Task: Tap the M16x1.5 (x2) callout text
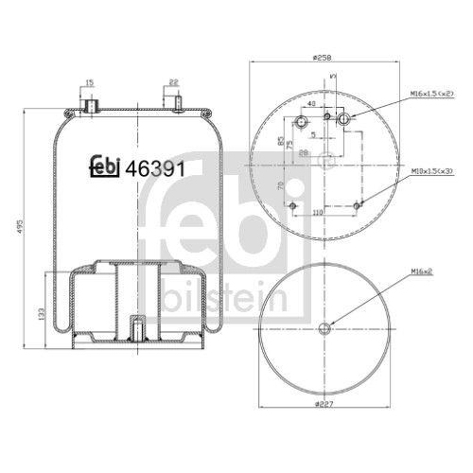pos(432,94)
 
